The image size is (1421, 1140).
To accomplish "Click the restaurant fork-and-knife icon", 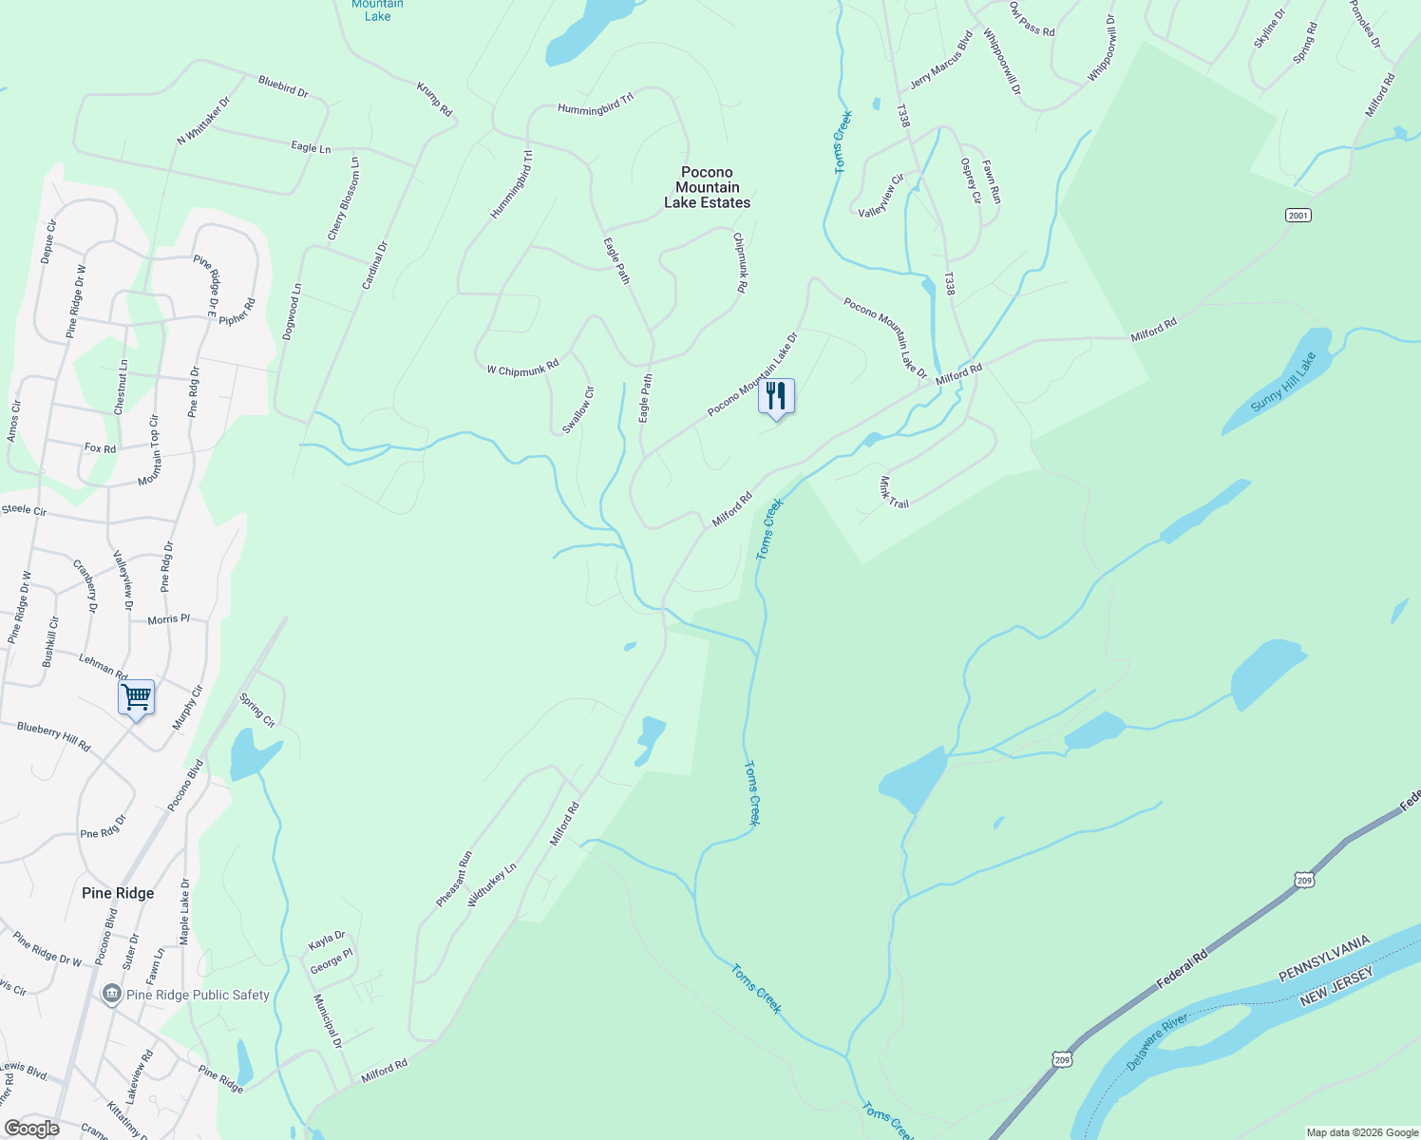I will click(x=776, y=396).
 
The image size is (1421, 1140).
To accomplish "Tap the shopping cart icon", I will click(x=136, y=697).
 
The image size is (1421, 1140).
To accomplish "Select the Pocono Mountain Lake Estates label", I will click(x=707, y=187).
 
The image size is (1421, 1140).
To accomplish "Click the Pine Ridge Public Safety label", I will click(x=198, y=995).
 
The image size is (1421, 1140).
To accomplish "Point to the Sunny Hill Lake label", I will click(x=1283, y=382).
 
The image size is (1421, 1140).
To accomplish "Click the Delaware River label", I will click(x=1158, y=1042).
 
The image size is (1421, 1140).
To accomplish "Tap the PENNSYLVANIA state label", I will click(x=1324, y=959).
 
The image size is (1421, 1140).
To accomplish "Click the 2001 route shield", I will click(x=1298, y=216).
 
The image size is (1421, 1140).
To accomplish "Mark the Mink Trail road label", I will click(x=894, y=492).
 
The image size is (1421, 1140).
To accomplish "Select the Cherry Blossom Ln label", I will click(x=343, y=199).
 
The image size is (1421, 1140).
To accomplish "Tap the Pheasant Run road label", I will click(x=454, y=879).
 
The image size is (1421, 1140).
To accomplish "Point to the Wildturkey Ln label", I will click(x=492, y=884).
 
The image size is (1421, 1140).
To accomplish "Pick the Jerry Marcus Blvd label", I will click(x=941, y=59).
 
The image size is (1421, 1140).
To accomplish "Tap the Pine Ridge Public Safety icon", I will click(x=112, y=994).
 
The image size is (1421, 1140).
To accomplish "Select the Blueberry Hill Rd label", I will click(x=54, y=736).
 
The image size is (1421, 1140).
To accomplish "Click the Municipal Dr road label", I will click(x=328, y=1021).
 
